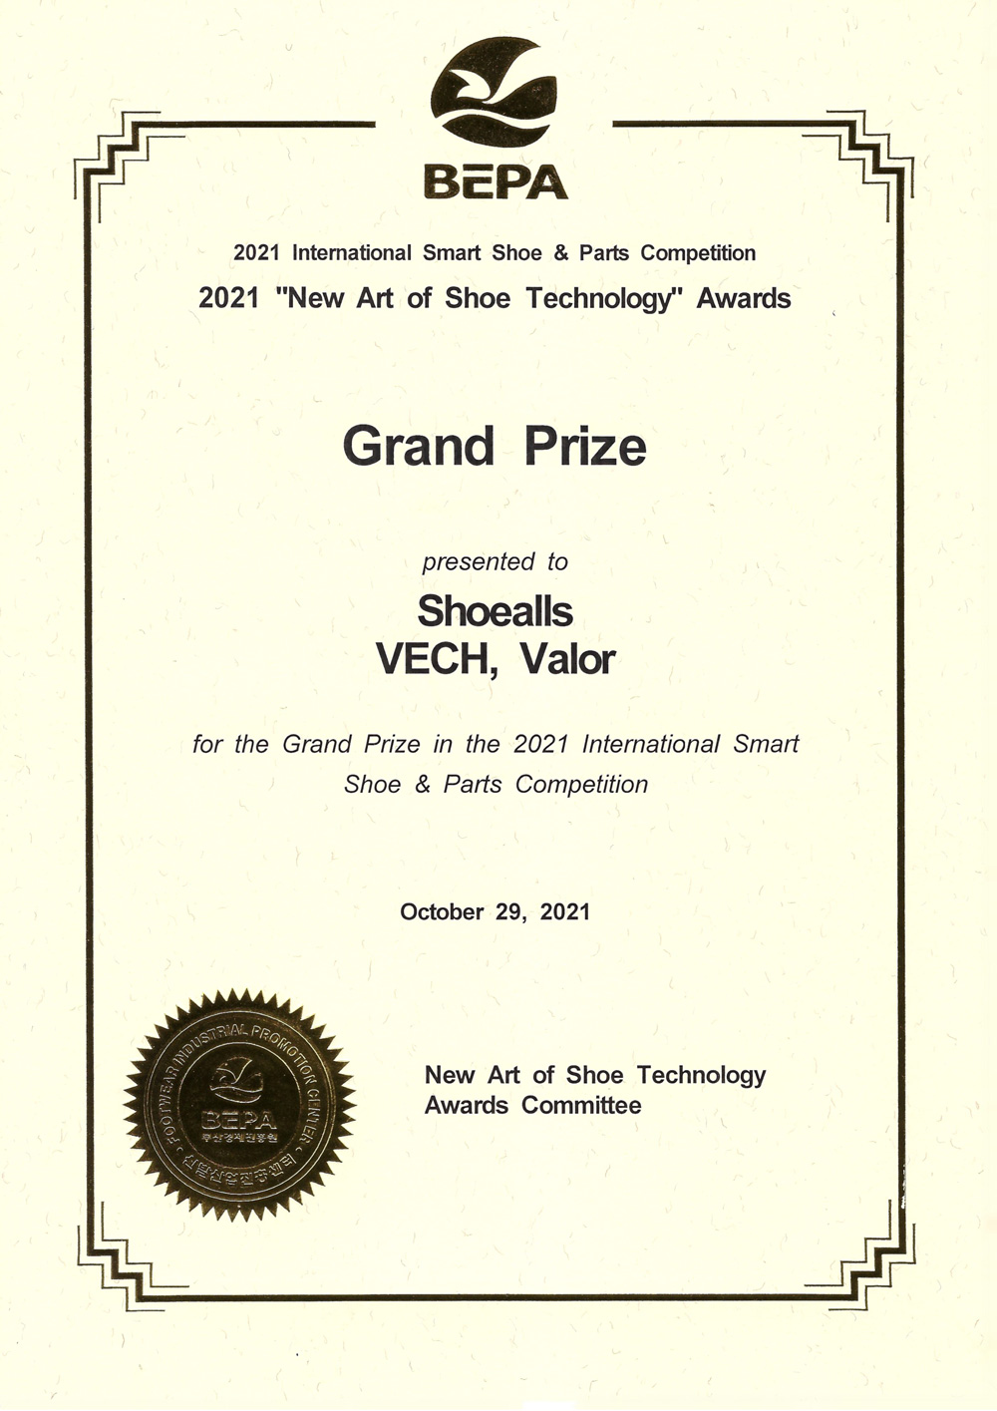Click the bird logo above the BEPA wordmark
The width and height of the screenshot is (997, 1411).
coord(496,93)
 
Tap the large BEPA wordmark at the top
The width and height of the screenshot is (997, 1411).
coord(496,181)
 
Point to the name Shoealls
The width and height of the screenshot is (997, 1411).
coord(495,610)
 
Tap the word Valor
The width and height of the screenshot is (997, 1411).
coord(568,659)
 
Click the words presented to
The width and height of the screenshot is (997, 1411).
coord(495,561)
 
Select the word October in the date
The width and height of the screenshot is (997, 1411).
coord(442,911)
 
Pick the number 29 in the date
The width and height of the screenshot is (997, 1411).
coord(508,911)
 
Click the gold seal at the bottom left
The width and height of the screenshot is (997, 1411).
coord(239,1105)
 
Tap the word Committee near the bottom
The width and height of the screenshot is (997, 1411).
coord(581,1105)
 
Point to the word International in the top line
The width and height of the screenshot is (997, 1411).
coord(351,252)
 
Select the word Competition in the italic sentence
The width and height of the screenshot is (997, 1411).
coord(581,785)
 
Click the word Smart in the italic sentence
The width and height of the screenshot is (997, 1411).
coord(766,744)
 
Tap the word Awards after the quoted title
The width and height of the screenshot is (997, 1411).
coord(744,298)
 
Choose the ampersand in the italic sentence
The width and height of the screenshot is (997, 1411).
coord(423,785)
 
